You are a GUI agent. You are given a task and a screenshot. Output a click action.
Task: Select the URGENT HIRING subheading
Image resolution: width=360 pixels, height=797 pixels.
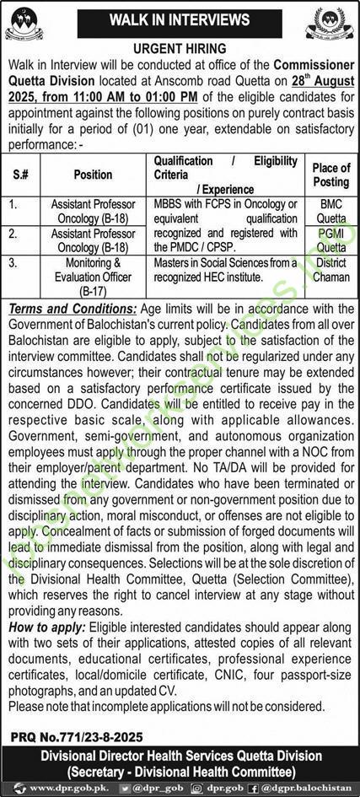[x=180, y=50]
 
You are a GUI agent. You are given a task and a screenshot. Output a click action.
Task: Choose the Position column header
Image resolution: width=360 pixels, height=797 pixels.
[x=93, y=175]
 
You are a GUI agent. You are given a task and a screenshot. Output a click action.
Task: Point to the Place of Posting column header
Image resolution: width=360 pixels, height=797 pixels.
[x=330, y=175]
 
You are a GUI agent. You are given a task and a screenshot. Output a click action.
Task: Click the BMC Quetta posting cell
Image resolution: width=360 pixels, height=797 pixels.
[x=330, y=210]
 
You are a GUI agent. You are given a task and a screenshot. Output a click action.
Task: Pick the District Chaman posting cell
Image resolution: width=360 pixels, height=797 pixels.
[x=330, y=271]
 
